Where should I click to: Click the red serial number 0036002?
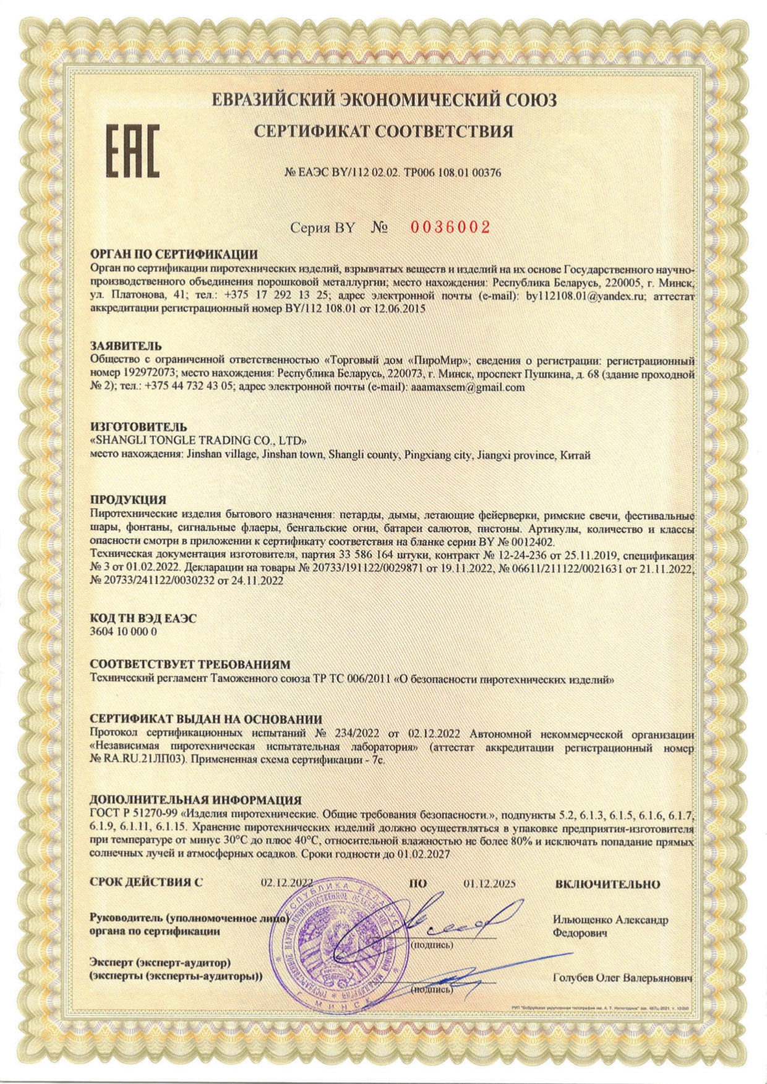click(x=450, y=227)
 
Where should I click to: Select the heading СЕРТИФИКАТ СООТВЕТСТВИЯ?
click(x=383, y=131)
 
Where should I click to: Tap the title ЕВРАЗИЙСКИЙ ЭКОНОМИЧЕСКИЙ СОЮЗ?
click(x=383, y=100)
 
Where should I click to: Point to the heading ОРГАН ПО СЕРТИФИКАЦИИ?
click(x=174, y=255)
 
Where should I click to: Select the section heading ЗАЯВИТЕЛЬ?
click(x=126, y=346)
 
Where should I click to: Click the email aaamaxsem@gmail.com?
click(x=468, y=387)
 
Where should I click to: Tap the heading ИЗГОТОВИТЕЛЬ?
click(x=138, y=427)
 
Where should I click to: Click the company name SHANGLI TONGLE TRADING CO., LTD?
click(x=199, y=441)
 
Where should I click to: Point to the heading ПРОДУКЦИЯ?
click(x=128, y=499)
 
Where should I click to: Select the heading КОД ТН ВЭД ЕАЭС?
click(x=144, y=619)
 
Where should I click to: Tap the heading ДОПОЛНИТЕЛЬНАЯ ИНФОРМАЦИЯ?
click(x=195, y=800)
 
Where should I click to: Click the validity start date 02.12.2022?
click(x=286, y=884)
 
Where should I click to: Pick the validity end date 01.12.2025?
click(x=489, y=884)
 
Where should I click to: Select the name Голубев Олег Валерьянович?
click(x=622, y=978)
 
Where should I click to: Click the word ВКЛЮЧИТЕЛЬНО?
click(x=607, y=884)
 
